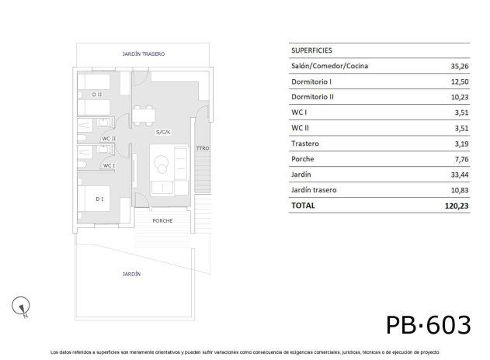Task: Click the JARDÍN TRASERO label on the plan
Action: (x=144, y=54)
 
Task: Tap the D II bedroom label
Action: (x=96, y=95)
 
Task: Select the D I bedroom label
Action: (x=99, y=199)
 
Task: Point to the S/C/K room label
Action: (x=163, y=133)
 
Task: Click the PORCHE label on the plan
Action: (x=163, y=220)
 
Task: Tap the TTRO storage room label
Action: (x=203, y=147)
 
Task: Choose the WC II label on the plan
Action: (x=109, y=139)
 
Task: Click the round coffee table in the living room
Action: (x=162, y=163)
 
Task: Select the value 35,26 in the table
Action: (x=459, y=66)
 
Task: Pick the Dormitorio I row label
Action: (x=311, y=81)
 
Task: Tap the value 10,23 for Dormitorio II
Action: (x=459, y=97)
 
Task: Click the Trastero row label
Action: (x=305, y=144)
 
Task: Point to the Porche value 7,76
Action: (x=460, y=159)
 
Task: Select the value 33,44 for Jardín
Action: (x=459, y=175)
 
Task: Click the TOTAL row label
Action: (x=303, y=206)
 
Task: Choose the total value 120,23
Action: (x=457, y=206)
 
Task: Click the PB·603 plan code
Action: (x=428, y=323)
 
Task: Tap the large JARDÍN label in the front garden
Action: (x=131, y=274)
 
